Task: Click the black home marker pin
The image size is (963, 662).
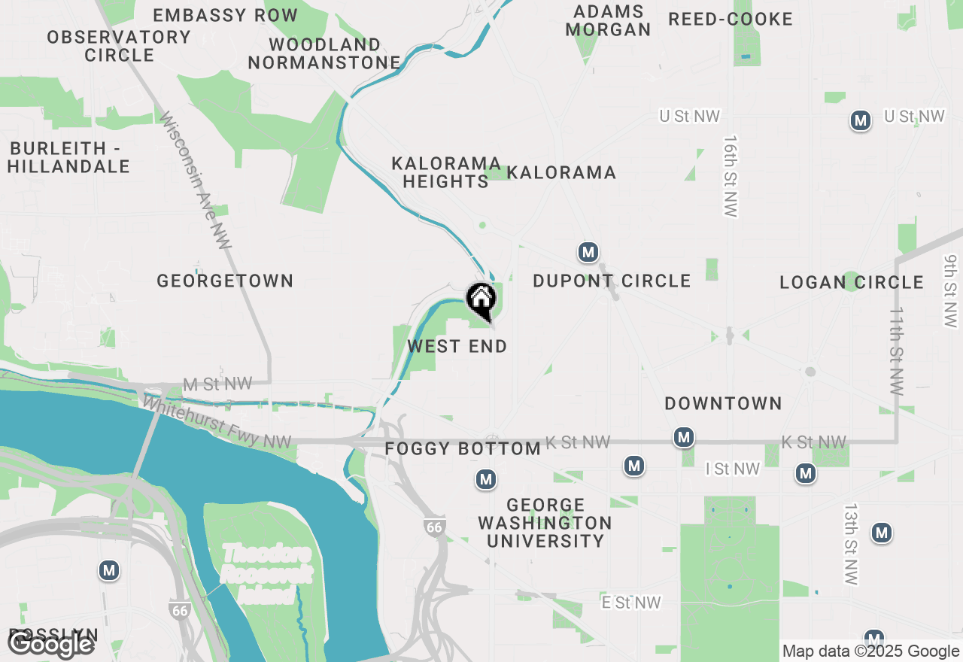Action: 481,300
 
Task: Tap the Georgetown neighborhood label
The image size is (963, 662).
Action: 225,281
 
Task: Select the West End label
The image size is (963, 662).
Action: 457,347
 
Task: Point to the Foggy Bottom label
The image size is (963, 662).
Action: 463,449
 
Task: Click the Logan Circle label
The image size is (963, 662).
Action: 852,283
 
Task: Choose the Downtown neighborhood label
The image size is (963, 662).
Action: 723,404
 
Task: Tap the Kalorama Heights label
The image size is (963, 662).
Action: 446,173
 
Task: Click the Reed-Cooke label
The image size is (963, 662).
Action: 731,20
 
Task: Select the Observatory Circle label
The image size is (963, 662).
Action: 119,46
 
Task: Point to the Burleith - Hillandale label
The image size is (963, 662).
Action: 69,157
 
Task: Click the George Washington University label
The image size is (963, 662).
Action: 545,523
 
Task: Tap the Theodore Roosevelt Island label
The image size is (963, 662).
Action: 266,574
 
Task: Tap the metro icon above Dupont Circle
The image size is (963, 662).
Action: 588,253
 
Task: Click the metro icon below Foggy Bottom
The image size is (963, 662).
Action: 486,479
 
